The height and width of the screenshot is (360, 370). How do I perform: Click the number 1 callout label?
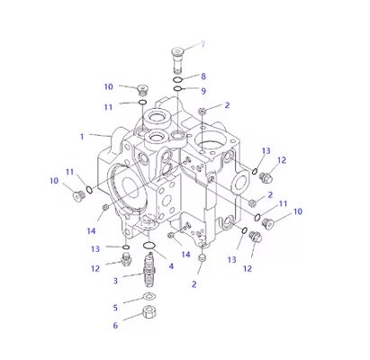tap(82, 137)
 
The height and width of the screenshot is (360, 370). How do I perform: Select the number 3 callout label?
tap(115, 281)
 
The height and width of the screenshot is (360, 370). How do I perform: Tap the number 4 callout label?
tap(171, 266)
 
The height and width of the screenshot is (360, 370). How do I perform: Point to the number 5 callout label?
tap(115, 308)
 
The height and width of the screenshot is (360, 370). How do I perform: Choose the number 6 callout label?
tap(115, 326)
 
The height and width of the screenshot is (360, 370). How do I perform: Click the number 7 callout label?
tap(203, 44)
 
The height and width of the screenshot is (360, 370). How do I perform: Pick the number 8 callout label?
tap(203, 76)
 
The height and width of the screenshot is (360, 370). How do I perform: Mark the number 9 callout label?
tap(203, 91)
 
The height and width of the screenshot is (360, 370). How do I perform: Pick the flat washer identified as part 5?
tap(149, 298)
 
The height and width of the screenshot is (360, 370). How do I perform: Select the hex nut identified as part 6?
tap(149, 314)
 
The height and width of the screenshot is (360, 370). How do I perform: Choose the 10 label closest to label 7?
tap(108, 87)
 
